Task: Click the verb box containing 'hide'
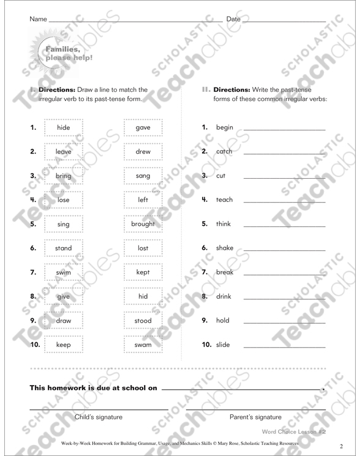pyautogui.click(x=63, y=127)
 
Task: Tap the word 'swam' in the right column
pyautogui.click(x=142, y=345)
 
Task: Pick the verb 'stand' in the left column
pyautogui.click(x=64, y=248)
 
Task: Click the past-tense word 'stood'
pyautogui.click(x=142, y=320)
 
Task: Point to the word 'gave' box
pyautogui.click(x=142, y=127)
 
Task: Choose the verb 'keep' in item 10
pyautogui.click(x=64, y=345)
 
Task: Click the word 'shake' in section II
pyautogui.click(x=225, y=248)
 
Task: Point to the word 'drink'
pyautogui.click(x=225, y=296)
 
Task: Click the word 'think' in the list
pyautogui.click(x=225, y=223)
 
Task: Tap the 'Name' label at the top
pyautogui.click(x=38, y=20)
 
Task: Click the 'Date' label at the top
pyautogui.click(x=233, y=20)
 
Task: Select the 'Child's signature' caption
pyautogui.click(x=98, y=417)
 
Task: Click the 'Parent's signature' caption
pyautogui.click(x=255, y=417)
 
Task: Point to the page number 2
pyautogui.click(x=341, y=446)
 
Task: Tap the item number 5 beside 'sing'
pyautogui.click(x=33, y=223)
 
